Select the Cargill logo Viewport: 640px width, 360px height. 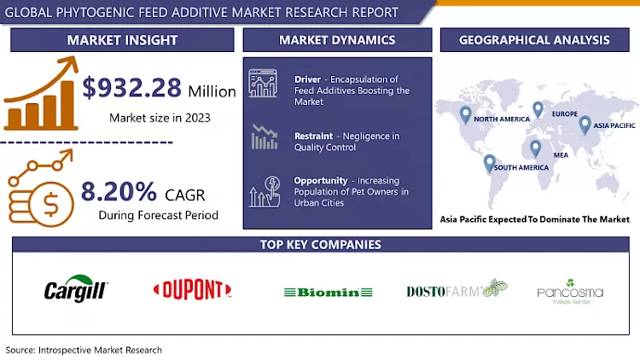75,290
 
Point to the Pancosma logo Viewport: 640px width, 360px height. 570,293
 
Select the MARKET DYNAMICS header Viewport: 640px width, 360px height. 337,40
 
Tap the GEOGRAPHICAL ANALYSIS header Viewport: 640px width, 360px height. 534,40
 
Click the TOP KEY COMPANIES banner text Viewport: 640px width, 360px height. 320,245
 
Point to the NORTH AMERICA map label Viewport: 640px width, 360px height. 502,119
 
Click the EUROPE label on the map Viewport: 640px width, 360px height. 564,113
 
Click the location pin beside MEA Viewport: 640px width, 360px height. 536,148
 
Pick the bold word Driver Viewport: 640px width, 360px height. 307,79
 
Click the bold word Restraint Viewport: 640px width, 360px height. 313,136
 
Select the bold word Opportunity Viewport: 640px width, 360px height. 320,181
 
